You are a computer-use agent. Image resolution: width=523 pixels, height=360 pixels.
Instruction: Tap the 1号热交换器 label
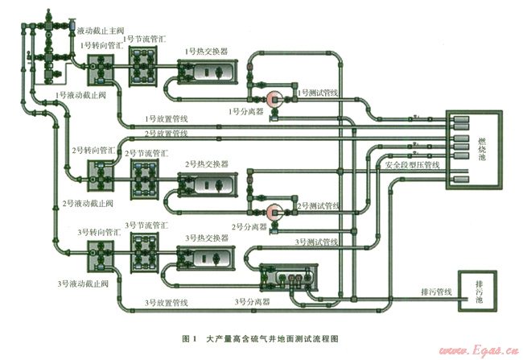206,51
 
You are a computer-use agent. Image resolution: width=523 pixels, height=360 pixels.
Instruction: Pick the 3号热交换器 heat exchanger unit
207,259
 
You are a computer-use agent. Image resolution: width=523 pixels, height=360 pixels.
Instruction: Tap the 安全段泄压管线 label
412,164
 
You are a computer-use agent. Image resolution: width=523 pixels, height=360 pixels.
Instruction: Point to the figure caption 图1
190,338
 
